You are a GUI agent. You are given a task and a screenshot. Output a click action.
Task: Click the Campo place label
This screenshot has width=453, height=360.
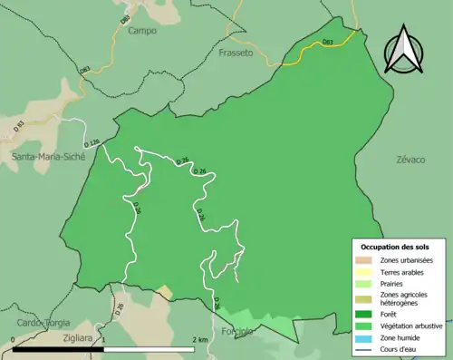coord(143,30)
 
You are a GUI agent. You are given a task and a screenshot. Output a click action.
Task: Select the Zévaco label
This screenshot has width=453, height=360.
coord(410,159)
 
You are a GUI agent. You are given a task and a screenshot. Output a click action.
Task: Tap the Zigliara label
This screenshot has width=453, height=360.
coord(81,336)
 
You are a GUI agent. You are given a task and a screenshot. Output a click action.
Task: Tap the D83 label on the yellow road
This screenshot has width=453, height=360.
coord(328,43)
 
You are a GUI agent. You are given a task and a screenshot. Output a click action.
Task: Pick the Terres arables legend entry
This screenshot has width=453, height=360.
coord(405,271)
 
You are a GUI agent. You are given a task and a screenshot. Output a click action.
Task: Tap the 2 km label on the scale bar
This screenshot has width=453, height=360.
coord(202,340)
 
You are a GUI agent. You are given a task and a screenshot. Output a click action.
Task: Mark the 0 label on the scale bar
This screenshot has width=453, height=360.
coord(14,340)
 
